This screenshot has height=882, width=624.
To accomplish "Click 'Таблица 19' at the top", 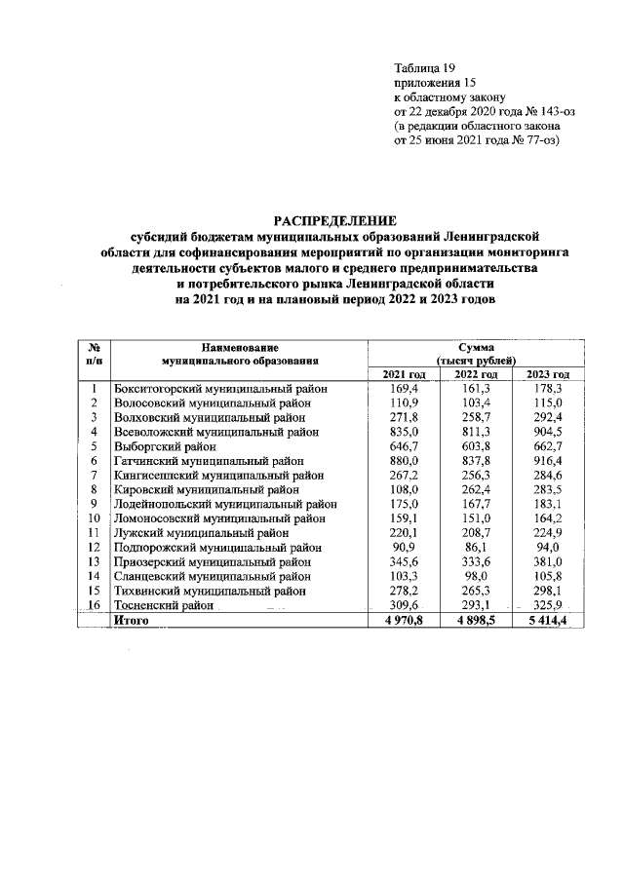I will tap(424, 67).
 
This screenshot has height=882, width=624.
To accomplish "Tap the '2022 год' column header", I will tap(478, 375).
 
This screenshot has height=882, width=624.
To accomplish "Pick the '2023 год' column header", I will tap(547, 375).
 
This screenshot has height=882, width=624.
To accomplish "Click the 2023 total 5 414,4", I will tap(547, 620).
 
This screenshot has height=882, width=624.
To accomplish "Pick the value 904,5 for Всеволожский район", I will tap(547, 430).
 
